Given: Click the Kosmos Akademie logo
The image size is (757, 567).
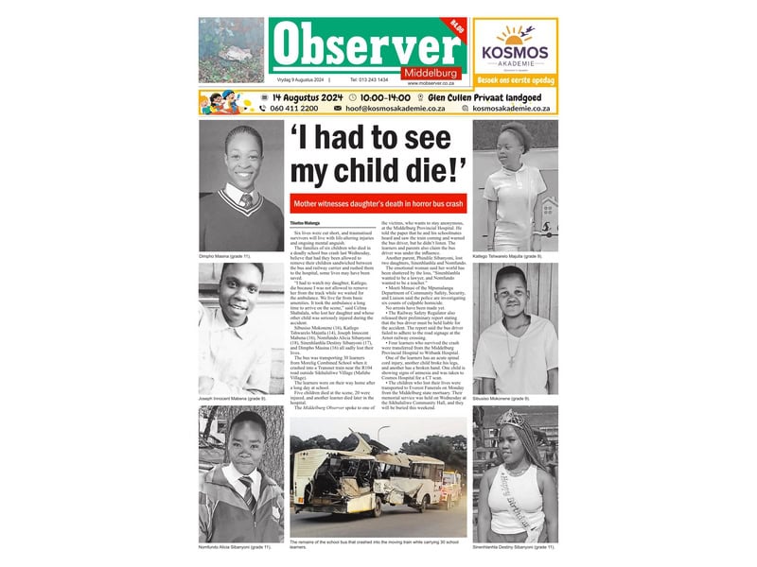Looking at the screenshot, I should (x=516, y=45).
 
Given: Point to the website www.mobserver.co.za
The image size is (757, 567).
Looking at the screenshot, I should (x=433, y=83).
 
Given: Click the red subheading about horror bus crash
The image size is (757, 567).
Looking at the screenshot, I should (x=378, y=203).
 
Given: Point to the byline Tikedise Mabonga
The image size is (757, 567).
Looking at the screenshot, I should (x=306, y=222).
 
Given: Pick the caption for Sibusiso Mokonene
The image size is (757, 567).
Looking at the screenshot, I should (x=512, y=399).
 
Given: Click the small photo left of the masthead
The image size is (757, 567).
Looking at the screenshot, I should (x=232, y=50).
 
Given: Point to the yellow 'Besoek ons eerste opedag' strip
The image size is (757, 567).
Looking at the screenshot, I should (x=516, y=81).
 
